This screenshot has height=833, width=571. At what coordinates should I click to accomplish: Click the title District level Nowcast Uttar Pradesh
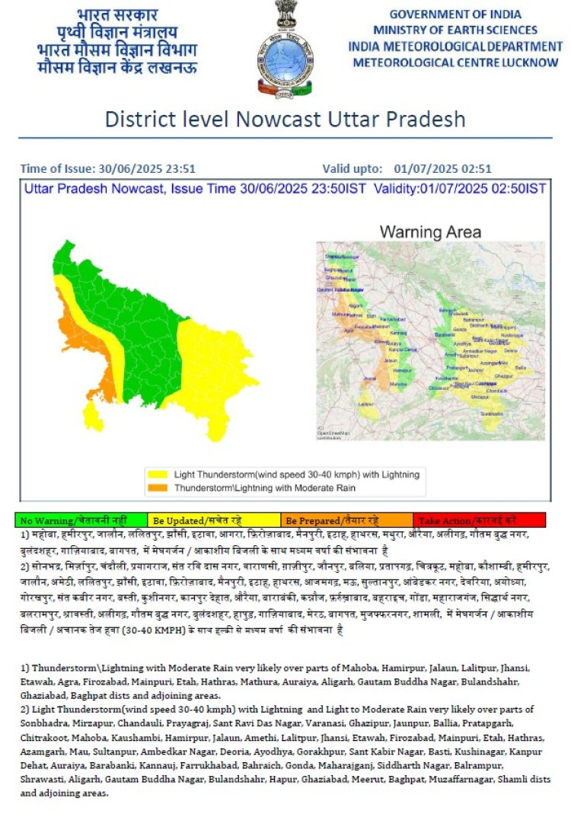click(x=285, y=120)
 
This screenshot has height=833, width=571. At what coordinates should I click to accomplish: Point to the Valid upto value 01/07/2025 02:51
click(x=442, y=169)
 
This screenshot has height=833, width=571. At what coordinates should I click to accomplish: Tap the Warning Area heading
click(x=430, y=231)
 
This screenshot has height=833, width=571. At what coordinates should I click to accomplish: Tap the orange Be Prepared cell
click(x=346, y=521)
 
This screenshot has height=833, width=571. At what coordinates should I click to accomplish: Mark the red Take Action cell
click(x=479, y=521)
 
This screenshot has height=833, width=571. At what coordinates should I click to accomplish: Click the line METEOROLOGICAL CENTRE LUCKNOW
click(x=455, y=62)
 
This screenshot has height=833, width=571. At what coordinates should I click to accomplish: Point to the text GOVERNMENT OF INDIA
click(x=455, y=14)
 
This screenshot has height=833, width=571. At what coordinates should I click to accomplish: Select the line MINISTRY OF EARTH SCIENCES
click(x=455, y=30)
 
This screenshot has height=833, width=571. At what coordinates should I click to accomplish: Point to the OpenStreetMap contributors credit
click(x=330, y=435)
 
